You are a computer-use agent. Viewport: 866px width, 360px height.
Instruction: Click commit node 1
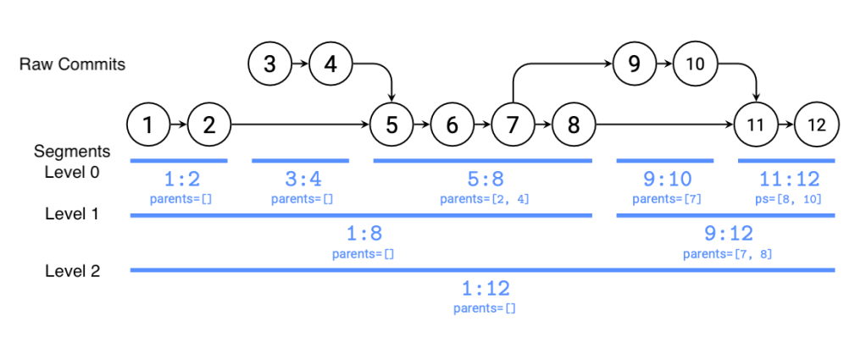click(148, 125)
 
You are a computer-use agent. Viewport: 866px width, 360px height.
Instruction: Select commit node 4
click(330, 64)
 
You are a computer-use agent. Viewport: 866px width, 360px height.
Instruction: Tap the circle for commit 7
click(513, 125)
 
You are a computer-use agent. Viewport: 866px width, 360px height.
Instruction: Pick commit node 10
click(696, 64)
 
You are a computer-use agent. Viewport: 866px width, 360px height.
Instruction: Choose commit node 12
click(817, 125)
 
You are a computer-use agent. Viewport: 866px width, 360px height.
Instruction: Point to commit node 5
click(391, 125)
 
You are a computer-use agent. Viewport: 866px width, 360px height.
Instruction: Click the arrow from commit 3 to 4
click(300, 64)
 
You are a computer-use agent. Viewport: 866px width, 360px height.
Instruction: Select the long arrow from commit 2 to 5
click(301, 125)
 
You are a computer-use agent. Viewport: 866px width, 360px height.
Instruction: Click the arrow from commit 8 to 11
click(665, 125)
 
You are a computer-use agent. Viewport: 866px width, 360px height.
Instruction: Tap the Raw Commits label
click(72, 64)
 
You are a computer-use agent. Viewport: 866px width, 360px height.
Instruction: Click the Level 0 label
click(72, 172)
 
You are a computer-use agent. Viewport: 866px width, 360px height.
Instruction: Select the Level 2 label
click(72, 271)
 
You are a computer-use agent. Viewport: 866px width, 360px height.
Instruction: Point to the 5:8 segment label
click(485, 180)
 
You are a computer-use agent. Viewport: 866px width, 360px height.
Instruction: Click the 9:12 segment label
click(728, 234)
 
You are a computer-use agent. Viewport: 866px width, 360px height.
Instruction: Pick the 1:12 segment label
click(485, 288)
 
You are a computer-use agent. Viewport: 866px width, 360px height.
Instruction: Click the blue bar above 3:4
click(301, 161)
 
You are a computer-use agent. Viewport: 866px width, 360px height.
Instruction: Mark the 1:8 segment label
click(364, 234)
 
